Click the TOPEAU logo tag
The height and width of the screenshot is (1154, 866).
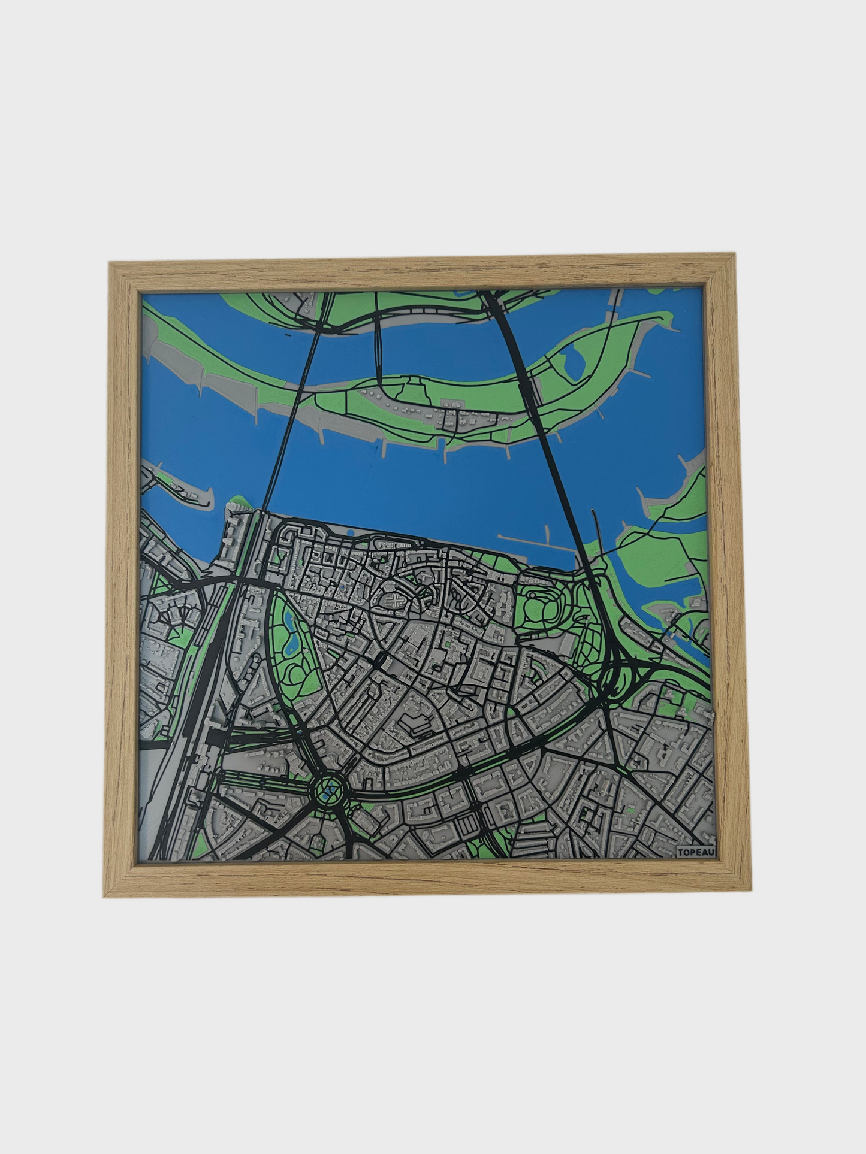coord(692,852)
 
